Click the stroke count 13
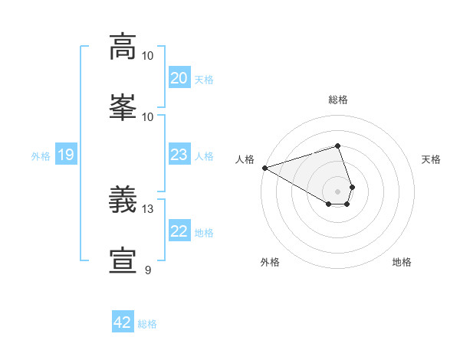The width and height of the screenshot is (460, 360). point(148,208)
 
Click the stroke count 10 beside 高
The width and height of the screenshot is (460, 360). point(148,55)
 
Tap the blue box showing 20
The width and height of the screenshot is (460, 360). point(179,78)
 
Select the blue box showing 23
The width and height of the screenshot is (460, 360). point(179,155)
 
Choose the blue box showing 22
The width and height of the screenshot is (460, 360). point(179,231)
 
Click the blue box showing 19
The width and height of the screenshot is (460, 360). point(66,155)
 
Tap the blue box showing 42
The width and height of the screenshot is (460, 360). point(123,322)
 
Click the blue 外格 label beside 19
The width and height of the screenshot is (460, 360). point(41,156)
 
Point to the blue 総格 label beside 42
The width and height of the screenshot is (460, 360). point(147,324)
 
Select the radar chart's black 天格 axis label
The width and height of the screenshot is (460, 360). point(432,159)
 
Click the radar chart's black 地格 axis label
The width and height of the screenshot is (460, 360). point(402,262)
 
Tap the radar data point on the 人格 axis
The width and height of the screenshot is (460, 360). point(264,168)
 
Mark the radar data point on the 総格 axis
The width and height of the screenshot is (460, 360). point(337,146)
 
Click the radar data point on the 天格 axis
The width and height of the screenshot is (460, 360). point(352,187)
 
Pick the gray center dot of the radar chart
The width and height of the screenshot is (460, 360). point(337,191)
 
